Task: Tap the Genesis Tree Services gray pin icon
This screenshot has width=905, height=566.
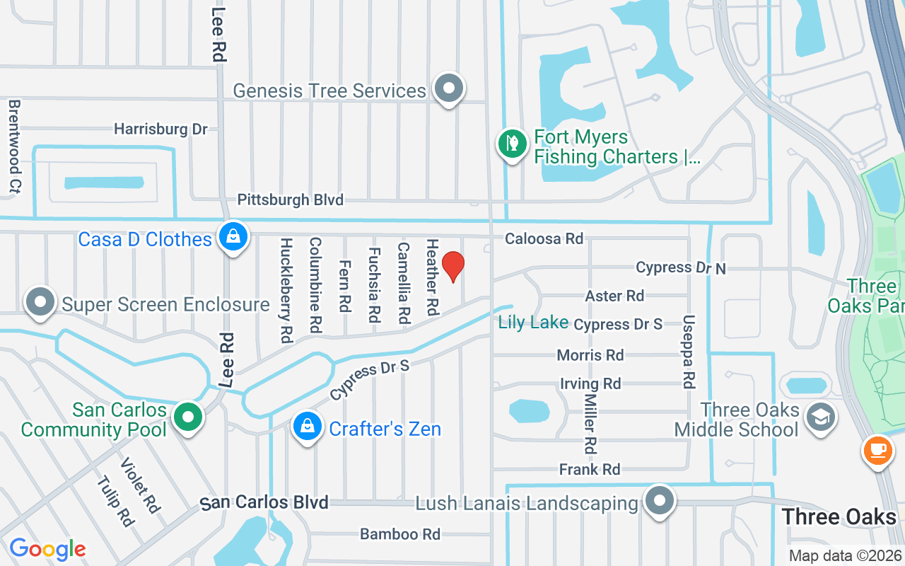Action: point(448,89)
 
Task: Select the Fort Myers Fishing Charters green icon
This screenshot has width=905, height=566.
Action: point(512,144)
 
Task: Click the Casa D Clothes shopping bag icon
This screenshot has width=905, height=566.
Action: point(233,238)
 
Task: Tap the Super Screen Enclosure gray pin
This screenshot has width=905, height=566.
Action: point(41,302)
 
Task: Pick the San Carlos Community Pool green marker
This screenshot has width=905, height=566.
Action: point(187,417)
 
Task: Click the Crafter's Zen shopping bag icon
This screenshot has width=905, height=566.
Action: point(307,427)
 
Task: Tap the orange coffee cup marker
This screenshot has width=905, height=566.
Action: point(877,451)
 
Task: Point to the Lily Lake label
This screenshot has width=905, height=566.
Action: point(533,323)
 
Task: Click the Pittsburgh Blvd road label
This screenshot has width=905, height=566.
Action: point(290,200)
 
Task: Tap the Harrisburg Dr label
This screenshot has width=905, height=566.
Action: point(160,129)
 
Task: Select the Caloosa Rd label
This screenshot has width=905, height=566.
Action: point(544,239)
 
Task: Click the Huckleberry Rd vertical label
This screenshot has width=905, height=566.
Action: point(286,290)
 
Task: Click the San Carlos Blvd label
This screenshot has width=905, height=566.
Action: point(264,503)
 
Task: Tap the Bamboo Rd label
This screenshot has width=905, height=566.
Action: point(400,534)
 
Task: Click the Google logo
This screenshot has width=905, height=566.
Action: point(47,549)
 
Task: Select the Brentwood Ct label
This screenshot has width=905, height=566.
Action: point(13,146)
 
